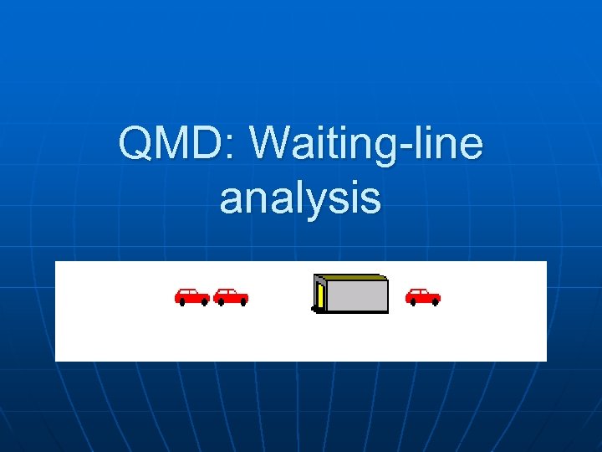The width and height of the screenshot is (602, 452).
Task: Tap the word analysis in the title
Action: coord(300,198)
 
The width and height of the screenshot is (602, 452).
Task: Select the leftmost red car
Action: coord(191,296)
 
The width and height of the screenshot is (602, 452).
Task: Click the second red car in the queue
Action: coord(230,296)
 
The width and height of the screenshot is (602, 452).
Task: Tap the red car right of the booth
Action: coord(422,296)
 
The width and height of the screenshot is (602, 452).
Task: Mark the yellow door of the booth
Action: coord(320,297)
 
